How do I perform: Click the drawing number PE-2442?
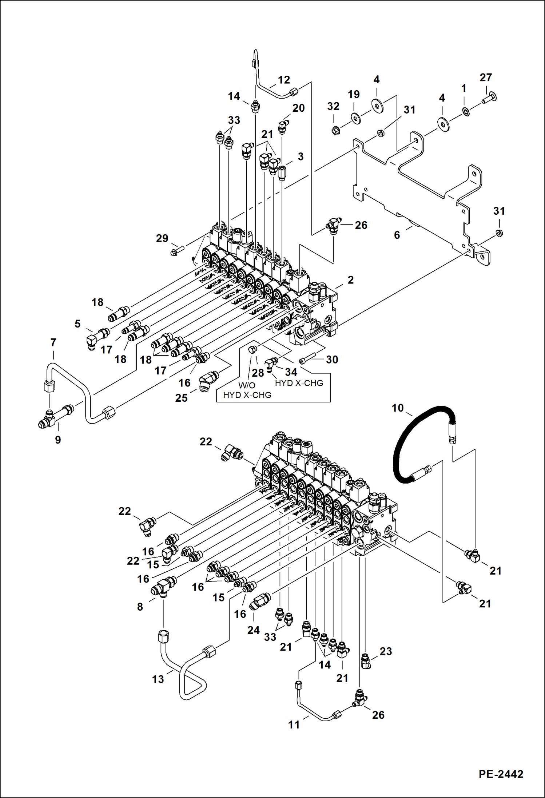point(501,774)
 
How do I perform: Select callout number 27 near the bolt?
point(486,78)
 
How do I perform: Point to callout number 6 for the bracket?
point(397,235)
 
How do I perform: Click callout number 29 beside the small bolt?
point(162,238)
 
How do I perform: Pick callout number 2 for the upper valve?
point(350,280)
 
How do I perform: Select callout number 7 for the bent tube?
point(53,342)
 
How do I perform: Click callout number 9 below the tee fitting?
point(58,440)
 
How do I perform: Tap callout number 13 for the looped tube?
point(158,679)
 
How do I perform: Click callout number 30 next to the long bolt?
point(332,360)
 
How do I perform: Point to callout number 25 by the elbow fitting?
point(181,398)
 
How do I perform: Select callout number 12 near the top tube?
point(284,80)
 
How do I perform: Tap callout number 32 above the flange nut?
point(333,106)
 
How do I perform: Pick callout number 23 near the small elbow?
point(386,651)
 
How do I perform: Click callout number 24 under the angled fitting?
point(253,630)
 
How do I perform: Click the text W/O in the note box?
point(247,385)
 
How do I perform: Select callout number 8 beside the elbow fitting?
point(140,607)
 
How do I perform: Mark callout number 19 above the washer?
point(354,95)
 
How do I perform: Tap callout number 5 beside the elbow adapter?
point(77,324)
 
